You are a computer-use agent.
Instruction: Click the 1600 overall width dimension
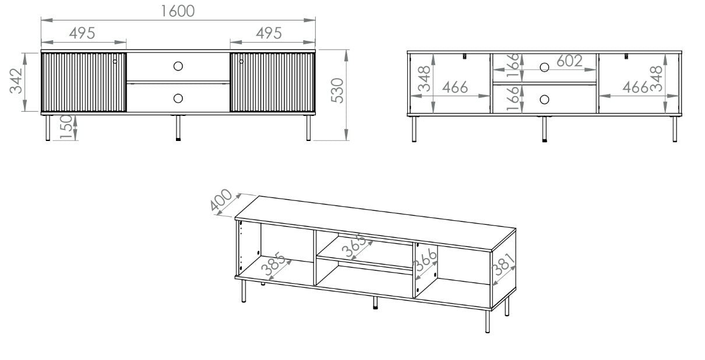[x=178, y=10]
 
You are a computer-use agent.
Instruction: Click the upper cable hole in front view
[x=178, y=66]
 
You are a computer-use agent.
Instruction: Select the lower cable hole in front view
[x=178, y=98]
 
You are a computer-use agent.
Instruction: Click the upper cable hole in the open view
[x=544, y=67]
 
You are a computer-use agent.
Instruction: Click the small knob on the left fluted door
[x=115, y=61]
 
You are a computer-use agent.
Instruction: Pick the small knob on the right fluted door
[x=241, y=61]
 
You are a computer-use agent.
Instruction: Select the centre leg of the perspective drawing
[x=375, y=302]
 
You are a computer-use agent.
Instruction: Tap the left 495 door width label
[x=82, y=33]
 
